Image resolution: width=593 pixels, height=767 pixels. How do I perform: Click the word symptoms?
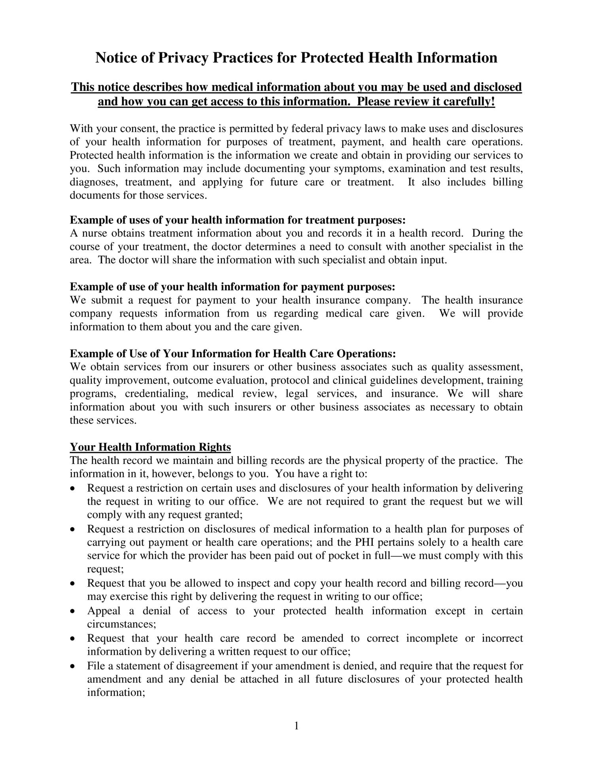click(x=359, y=169)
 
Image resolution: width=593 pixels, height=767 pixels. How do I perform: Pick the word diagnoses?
click(x=93, y=182)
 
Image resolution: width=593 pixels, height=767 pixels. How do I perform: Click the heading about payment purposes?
click(x=232, y=286)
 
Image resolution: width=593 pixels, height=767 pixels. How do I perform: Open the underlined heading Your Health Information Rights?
click(x=150, y=447)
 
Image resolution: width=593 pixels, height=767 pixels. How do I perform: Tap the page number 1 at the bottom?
click(x=296, y=726)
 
